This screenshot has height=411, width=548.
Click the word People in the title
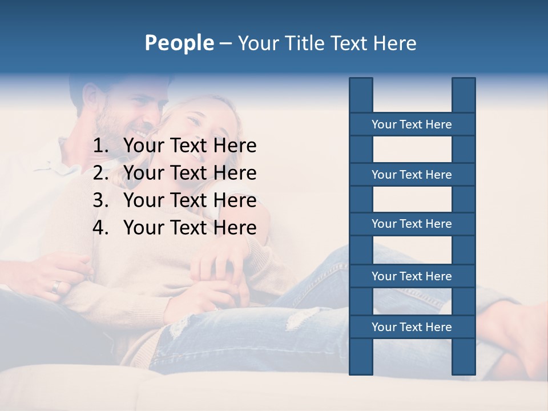(x=179, y=43)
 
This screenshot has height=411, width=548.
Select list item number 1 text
(x=190, y=146)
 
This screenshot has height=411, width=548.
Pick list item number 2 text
(x=190, y=173)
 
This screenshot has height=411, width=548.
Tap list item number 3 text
(x=190, y=200)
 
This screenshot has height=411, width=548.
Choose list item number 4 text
(x=190, y=228)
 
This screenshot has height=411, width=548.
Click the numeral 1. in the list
(x=100, y=146)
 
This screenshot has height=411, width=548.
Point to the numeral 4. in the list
(x=100, y=228)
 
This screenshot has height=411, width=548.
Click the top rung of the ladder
(x=412, y=124)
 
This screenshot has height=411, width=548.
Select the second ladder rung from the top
(x=412, y=175)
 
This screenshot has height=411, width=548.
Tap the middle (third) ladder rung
(x=412, y=224)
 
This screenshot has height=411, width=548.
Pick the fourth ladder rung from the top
(x=412, y=276)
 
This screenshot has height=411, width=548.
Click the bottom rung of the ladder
(x=412, y=327)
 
